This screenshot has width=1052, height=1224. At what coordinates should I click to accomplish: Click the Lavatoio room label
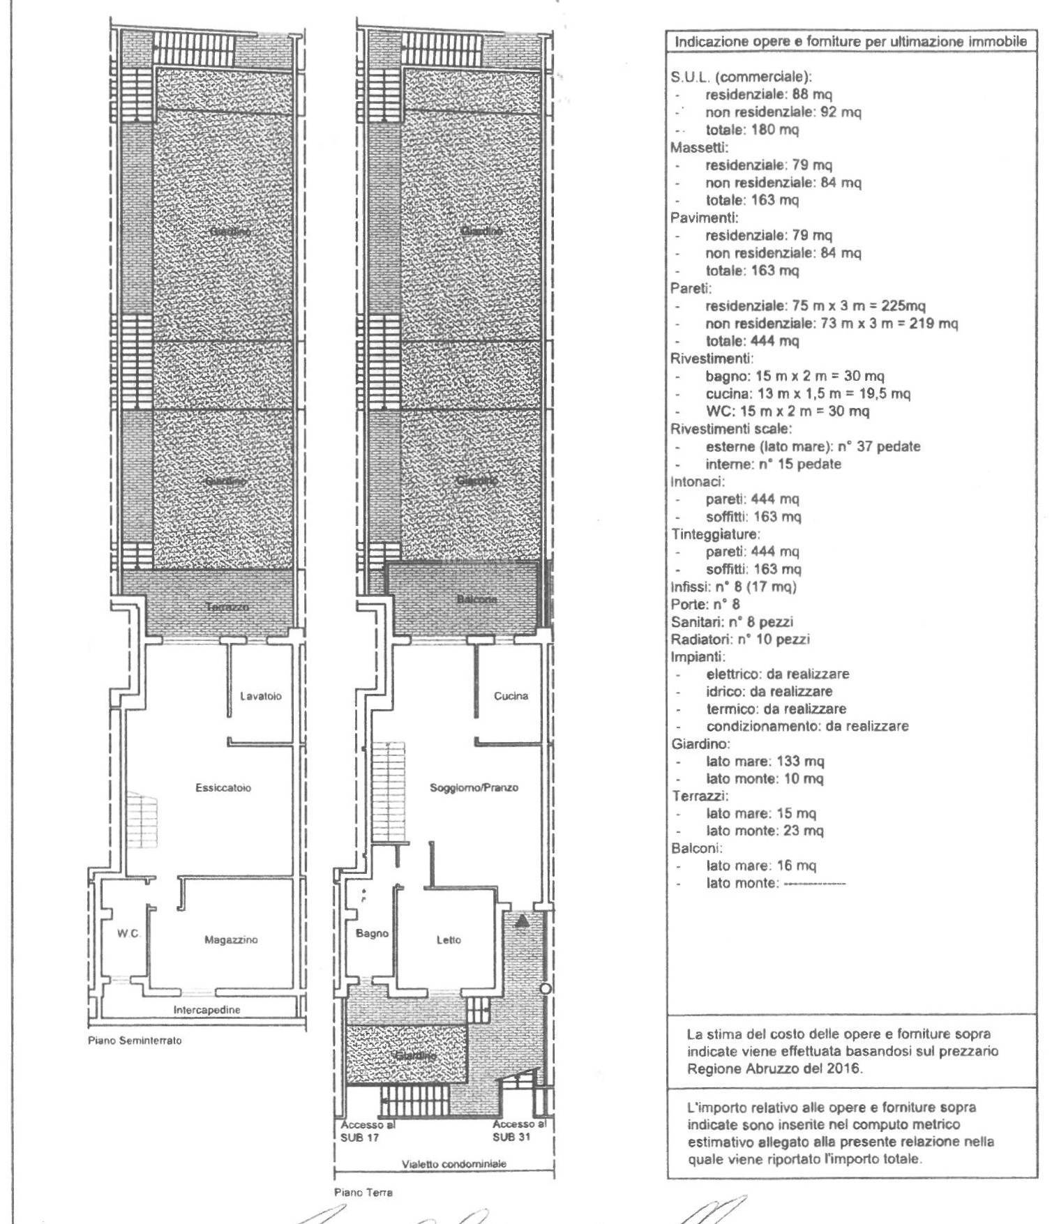(260, 696)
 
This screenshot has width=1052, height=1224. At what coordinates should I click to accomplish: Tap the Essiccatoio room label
(223, 788)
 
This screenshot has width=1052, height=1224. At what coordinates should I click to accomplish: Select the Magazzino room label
(231, 940)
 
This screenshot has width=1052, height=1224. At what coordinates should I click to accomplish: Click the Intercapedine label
(206, 1010)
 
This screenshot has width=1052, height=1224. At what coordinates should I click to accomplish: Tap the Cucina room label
(511, 696)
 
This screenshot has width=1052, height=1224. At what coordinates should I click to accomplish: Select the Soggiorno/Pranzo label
(474, 788)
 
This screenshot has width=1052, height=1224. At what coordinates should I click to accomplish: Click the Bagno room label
(372, 934)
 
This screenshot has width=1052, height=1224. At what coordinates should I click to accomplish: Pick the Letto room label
(449, 940)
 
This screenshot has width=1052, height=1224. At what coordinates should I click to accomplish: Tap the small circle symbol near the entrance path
(546, 989)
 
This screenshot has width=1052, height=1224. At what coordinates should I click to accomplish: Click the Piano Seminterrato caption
(135, 1041)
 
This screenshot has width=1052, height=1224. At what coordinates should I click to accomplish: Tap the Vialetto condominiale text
(453, 1164)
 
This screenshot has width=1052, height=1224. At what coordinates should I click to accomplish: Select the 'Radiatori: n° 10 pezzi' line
(739, 640)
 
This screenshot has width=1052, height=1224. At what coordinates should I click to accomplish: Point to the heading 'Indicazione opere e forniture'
(850, 42)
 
